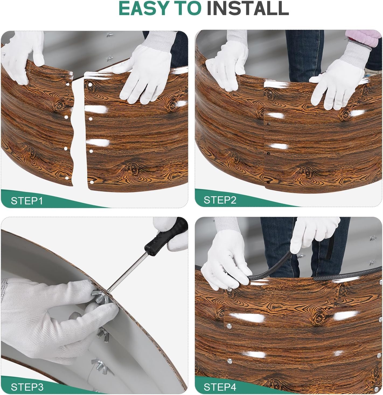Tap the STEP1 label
27,201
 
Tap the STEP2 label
220,200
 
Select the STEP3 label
27,387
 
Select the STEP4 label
220,387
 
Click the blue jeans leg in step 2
304,55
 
